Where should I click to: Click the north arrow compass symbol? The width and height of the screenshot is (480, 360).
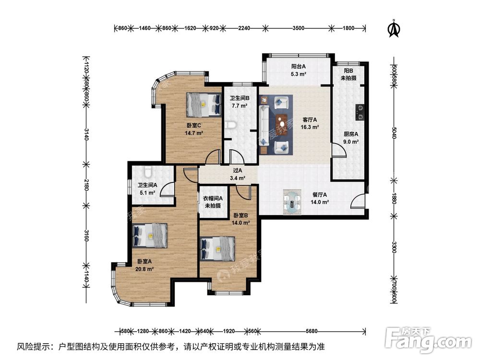394,27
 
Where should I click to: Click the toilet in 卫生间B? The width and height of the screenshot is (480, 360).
230,126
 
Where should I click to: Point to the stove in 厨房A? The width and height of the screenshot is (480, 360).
359,111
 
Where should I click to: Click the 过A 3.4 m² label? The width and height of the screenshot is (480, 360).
238,174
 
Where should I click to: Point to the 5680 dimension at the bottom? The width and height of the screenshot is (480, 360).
312,331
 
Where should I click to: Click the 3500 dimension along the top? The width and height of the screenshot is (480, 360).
298,28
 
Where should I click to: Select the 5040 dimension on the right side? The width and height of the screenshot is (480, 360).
394,135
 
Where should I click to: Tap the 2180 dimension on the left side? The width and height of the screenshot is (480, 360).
86,185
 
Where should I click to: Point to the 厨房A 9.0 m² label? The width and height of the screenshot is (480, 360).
351,138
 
